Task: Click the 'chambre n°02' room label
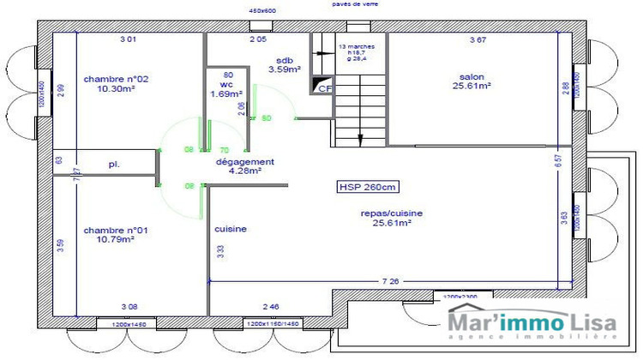tap(116, 79)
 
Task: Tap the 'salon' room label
tap(472, 75)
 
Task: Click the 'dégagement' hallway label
tap(244, 161)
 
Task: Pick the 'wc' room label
tap(226, 85)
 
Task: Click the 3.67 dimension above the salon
tap(478, 40)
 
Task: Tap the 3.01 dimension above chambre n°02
tap(128, 40)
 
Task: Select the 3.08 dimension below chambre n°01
tap(129, 306)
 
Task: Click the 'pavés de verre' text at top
tap(355, 4)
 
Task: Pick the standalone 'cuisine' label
tap(231, 229)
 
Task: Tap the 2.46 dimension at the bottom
tap(271, 306)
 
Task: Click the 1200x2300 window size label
tap(461, 295)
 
